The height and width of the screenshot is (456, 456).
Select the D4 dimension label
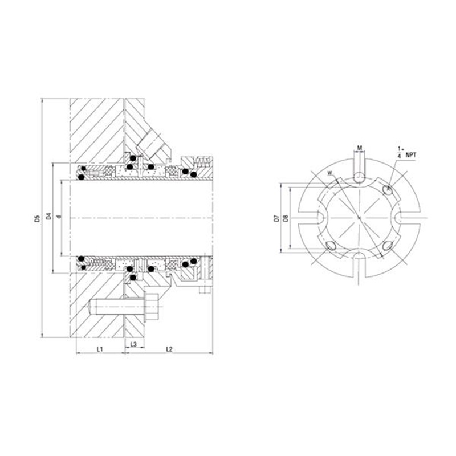[49, 216]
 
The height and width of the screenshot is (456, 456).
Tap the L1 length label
[99, 347]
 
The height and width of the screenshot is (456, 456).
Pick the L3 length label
[133, 344]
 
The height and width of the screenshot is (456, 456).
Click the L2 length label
[169, 347]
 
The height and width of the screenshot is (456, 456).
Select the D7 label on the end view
[276, 218]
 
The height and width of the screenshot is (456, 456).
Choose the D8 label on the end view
[285, 218]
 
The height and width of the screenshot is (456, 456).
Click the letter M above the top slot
[359, 148]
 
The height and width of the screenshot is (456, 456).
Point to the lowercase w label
[330, 173]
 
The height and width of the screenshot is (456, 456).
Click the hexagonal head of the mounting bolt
[152, 308]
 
